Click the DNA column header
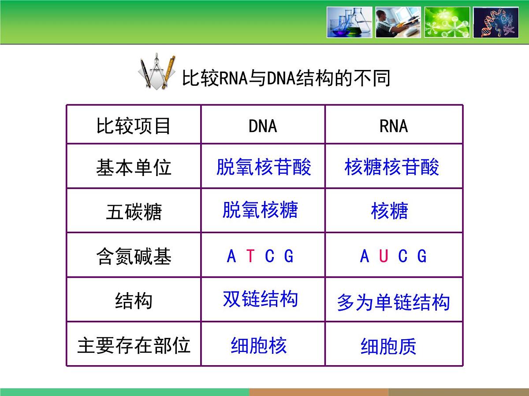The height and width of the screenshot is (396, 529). pyautogui.click(x=263, y=126)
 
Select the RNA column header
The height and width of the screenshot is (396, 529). pyautogui.click(x=393, y=126)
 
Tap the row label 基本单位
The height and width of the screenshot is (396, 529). pyautogui.click(x=134, y=168)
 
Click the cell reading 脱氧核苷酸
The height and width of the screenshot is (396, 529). pyautogui.click(x=264, y=167)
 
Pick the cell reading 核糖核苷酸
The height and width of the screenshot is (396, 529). pyautogui.click(x=392, y=167)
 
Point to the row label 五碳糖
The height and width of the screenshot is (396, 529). pyautogui.click(x=134, y=212)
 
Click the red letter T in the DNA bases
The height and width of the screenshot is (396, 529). pyautogui.click(x=250, y=256)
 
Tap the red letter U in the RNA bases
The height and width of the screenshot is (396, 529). pyautogui.click(x=383, y=256)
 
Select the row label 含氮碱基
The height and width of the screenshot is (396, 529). pyautogui.click(x=134, y=257)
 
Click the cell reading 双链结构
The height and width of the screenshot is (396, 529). pyautogui.click(x=260, y=299)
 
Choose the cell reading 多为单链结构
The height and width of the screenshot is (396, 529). pyautogui.click(x=393, y=303)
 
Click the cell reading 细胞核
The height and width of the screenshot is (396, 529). pyautogui.click(x=259, y=345)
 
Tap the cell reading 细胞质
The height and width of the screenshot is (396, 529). pyautogui.click(x=388, y=346)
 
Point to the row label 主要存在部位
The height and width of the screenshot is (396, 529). pyautogui.click(x=134, y=345)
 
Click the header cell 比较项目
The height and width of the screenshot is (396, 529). pyautogui.click(x=134, y=126)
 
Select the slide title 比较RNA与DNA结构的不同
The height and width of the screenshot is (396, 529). pyautogui.click(x=286, y=79)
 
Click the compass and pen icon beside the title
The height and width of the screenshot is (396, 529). pyautogui.click(x=157, y=72)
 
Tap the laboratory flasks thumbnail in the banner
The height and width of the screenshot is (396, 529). pyautogui.click(x=349, y=22)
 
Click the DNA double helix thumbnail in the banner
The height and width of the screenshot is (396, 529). pyautogui.click(x=495, y=22)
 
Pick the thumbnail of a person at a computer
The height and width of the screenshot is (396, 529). pyautogui.click(x=398, y=22)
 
